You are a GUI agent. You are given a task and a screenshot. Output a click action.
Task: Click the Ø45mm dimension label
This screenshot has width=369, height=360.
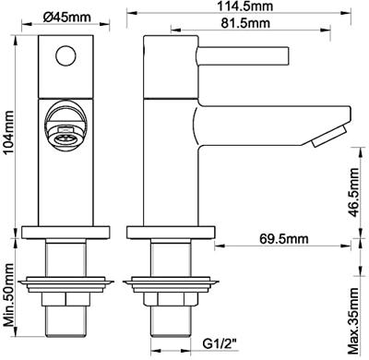coord(67,18)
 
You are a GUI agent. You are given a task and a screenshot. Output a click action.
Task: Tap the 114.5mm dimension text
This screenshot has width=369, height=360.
coord(245,6)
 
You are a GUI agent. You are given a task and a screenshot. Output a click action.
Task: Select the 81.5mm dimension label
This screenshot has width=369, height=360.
coord(245,23)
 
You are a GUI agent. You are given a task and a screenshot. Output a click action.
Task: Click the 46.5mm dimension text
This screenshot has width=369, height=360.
coord(353,193)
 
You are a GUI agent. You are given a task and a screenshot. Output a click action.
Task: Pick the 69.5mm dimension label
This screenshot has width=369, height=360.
coord(283,238)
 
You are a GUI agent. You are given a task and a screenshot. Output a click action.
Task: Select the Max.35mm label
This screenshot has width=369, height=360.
coord(353,320)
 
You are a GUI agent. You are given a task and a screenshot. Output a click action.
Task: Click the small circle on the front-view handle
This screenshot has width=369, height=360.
coord(65,55)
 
